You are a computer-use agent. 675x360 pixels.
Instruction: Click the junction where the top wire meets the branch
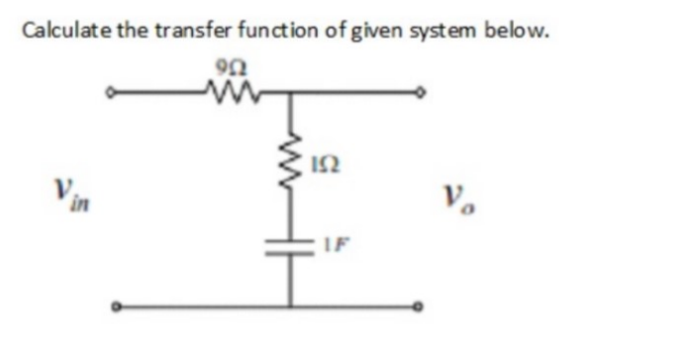coord(294,95)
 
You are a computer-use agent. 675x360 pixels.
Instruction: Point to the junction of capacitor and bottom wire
coord(294,307)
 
